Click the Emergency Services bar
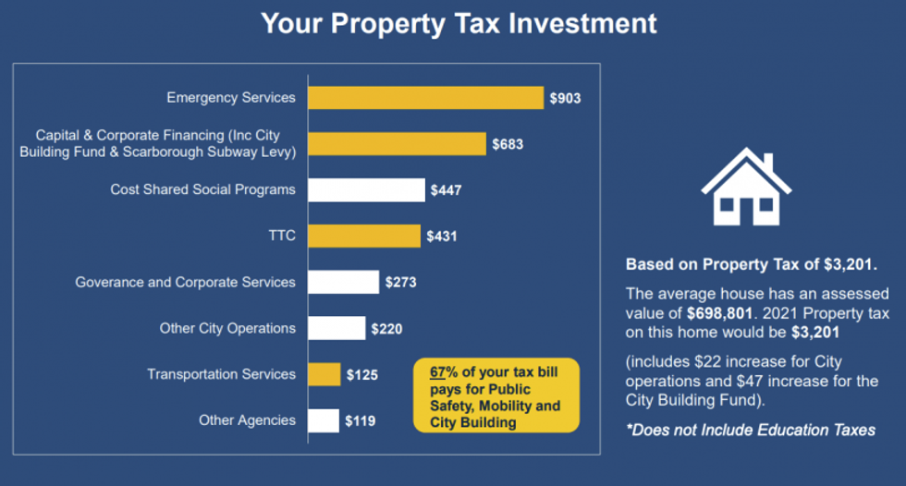[425, 98]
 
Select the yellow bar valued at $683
[397, 144]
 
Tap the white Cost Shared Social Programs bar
[366, 190]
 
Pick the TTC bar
[364, 237]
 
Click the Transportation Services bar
[324, 374]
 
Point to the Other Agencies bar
[324, 420]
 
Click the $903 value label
[565, 98]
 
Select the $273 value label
[400, 283]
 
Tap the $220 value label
[386, 328]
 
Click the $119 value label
[361, 420]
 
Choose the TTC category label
[282, 236]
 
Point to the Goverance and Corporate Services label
[185, 282]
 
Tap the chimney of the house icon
[766, 163]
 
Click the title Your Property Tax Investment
[459, 23]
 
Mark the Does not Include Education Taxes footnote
[750, 431]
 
